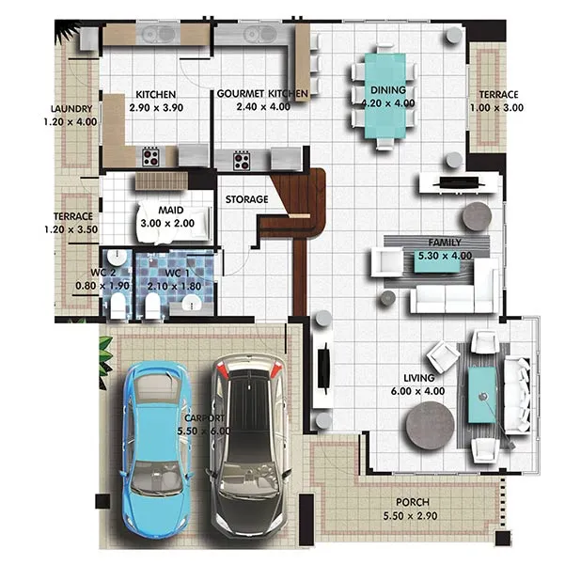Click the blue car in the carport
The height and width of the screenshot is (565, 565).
pos(157,449)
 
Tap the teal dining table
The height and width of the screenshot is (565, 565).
pos(385,96)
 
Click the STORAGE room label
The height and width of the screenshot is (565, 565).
pos(247,199)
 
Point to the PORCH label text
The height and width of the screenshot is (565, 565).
pos(413,502)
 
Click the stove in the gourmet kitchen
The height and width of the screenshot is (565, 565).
pos(242,161)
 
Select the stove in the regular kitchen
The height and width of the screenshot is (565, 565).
pos(150,157)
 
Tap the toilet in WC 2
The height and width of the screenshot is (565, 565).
pos(118,306)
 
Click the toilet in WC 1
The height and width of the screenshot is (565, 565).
pos(151,306)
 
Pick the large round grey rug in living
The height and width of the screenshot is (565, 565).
pos(430,426)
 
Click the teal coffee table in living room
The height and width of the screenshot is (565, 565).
pos(482,395)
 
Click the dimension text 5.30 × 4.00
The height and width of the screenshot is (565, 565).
pos(445,256)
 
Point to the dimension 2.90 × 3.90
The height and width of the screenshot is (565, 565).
pos(156,108)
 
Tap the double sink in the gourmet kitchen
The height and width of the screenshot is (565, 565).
pos(259,35)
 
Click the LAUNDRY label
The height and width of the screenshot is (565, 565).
pos(71,109)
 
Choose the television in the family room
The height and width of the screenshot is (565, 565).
pos(459,182)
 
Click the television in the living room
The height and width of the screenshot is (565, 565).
pos(323,368)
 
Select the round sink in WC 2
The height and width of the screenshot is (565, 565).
pos(117,258)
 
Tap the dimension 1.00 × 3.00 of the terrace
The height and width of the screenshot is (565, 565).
pos(496,108)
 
